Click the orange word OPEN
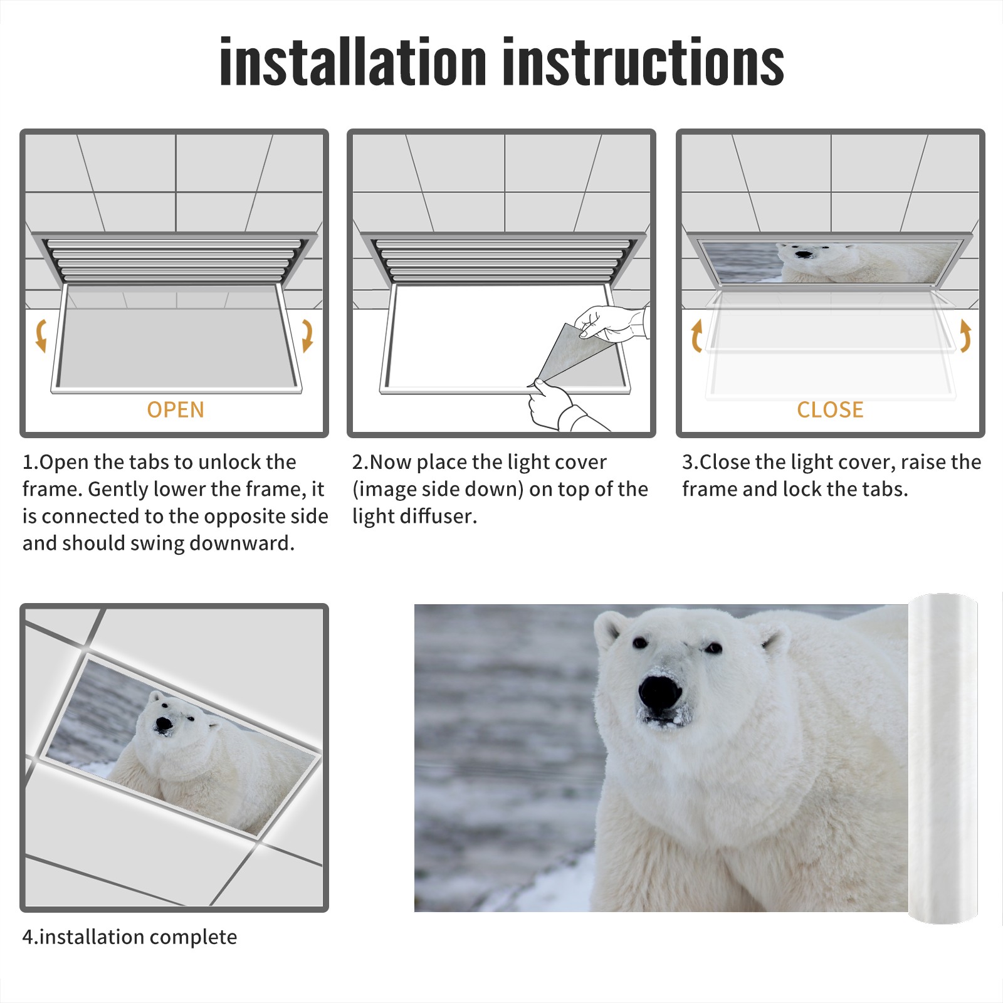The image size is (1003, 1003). [x=176, y=409]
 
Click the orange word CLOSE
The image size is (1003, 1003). [x=830, y=409]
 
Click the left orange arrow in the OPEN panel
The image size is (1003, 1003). [x=41, y=335]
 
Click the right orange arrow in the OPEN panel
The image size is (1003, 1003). [x=307, y=335]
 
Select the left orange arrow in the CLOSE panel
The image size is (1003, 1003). [x=696, y=336]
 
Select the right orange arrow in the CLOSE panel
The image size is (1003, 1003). [x=965, y=336]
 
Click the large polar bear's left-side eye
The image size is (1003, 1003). [x=639, y=643]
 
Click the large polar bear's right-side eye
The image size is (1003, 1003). [x=713, y=647]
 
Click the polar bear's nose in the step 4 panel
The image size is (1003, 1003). [x=164, y=725]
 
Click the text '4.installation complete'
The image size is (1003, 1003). [x=130, y=937]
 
